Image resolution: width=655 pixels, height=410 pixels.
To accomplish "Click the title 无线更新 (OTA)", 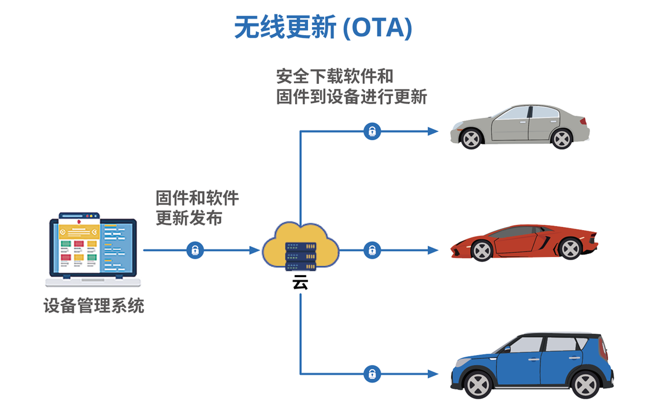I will click(x=323, y=27).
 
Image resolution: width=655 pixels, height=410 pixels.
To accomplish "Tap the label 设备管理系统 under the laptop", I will click(x=94, y=306).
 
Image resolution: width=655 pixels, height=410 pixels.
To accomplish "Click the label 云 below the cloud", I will click(x=300, y=283).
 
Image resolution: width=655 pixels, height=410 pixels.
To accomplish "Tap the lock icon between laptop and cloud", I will click(x=195, y=250).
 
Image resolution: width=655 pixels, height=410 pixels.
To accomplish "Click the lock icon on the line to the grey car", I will click(x=372, y=131).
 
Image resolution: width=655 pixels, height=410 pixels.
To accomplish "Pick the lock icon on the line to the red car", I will click(x=372, y=250).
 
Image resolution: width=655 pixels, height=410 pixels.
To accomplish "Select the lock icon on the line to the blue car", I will click(x=372, y=374).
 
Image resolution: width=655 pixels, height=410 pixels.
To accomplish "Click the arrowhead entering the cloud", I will click(x=255, y=250).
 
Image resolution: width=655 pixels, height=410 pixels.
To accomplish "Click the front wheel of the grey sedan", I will click(x=471, y=138).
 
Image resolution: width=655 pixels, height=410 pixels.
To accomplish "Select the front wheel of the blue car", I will click(x=477, y=384).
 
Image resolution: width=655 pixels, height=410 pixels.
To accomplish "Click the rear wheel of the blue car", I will click(x=586, y=384).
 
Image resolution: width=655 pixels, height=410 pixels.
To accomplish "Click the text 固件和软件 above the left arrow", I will click(x=197, y=198).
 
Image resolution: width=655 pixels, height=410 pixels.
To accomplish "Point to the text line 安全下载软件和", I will click(x=335, y=76).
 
